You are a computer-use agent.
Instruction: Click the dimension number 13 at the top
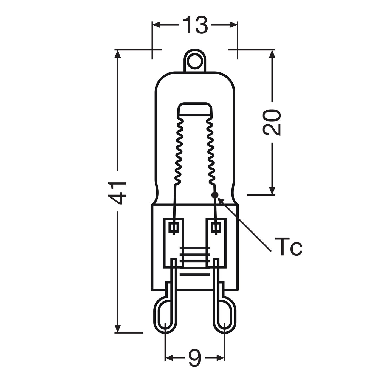tap(195, 25)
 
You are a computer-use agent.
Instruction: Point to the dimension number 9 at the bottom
tap(195, 358)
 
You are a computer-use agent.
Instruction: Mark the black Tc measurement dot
tap(215, 195)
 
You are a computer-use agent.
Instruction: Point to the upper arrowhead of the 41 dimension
tap(118, 54)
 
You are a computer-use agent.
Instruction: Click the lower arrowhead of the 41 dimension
tap(118, 329)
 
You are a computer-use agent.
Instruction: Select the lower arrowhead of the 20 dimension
tap(272, 191)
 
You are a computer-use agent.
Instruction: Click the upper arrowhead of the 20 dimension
tap(272, 54)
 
